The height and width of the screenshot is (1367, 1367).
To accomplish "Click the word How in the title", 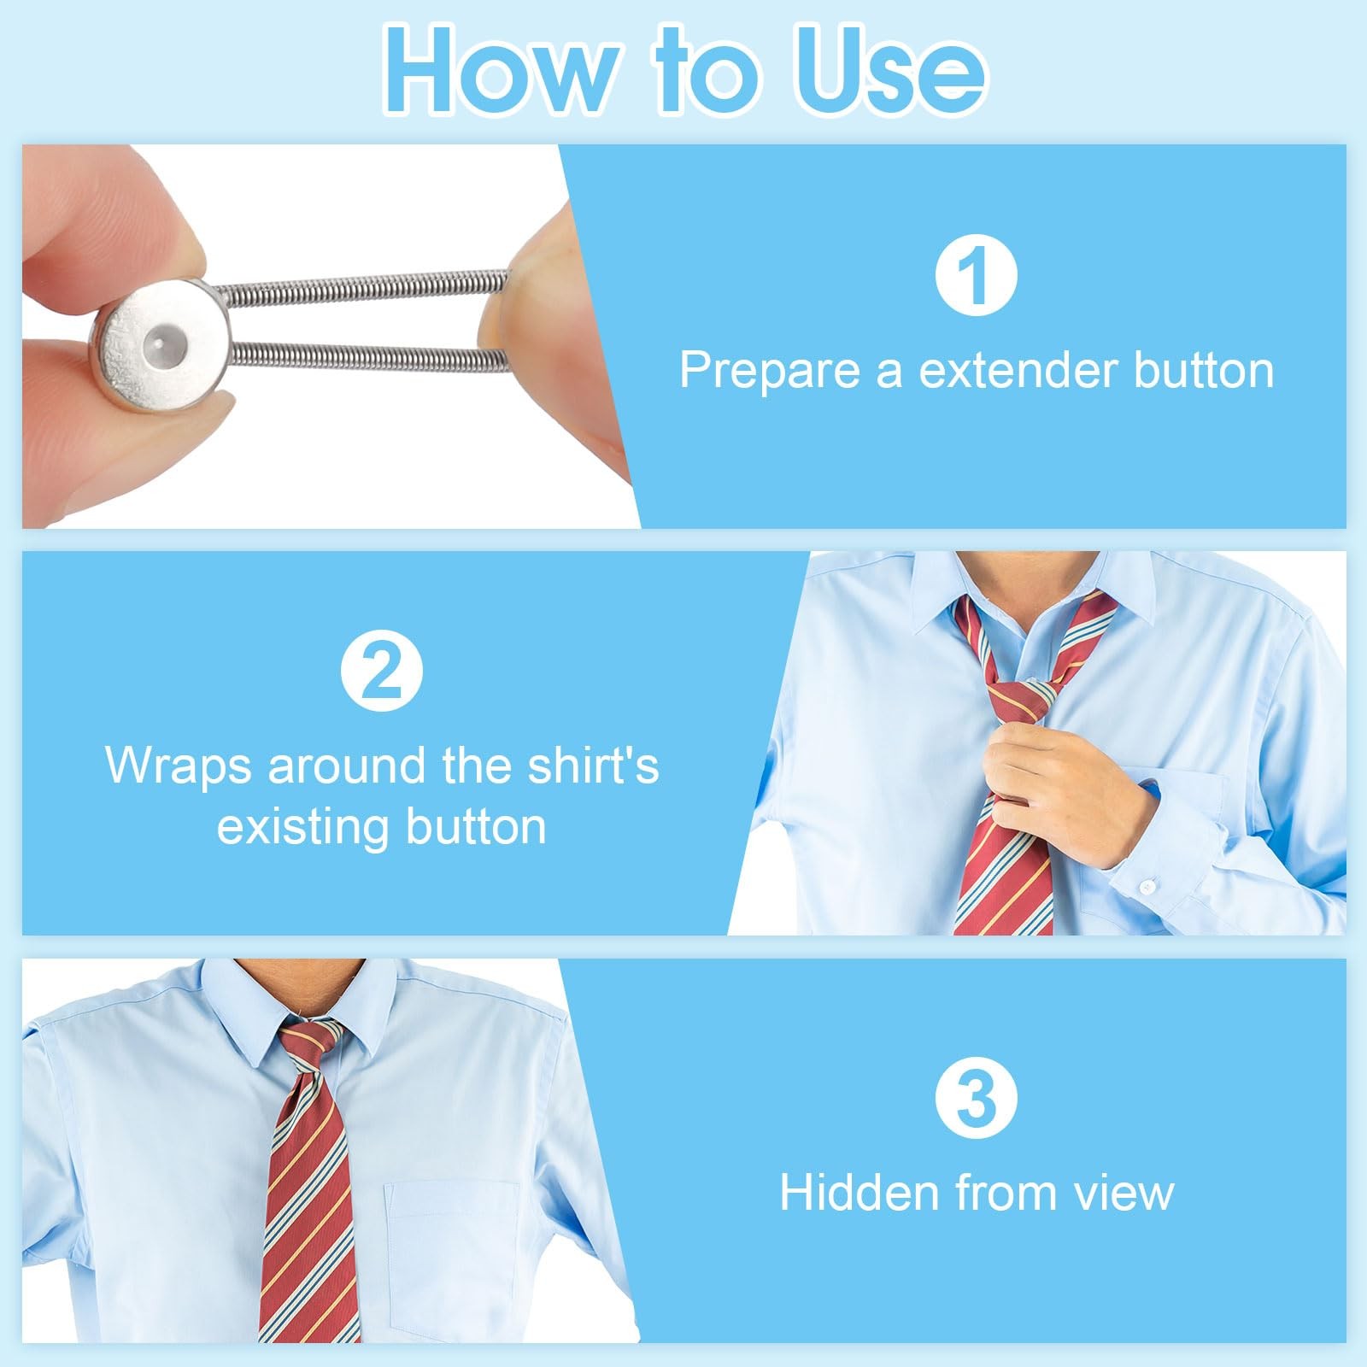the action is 502,71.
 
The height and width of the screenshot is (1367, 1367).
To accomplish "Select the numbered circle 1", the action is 976,275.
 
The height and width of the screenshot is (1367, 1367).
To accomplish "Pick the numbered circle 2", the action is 382,670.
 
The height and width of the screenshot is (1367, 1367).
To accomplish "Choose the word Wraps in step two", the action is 179,766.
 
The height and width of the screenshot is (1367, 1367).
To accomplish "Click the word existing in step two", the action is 302,827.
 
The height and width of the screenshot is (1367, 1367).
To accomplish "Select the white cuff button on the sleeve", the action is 1147,887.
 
